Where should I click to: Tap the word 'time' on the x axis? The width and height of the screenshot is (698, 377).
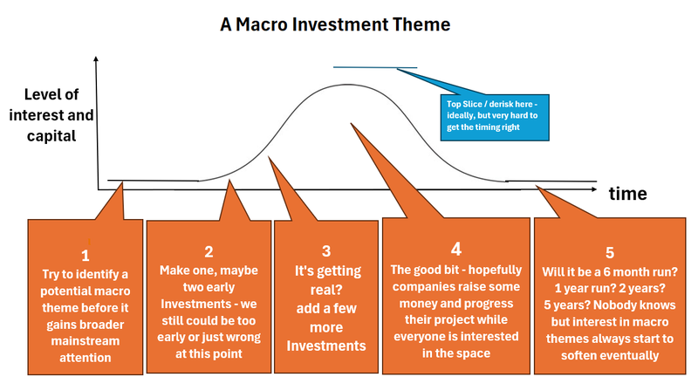[x=628, y=194]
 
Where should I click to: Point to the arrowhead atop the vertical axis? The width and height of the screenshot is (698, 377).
[x=98, y=60]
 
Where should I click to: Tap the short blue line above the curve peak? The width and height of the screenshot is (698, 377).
[x=374, y=67]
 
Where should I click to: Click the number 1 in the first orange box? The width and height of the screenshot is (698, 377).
[x=85, y=256]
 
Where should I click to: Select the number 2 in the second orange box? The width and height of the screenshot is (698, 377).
[x=209, y=252]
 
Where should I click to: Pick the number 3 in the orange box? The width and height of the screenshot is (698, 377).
[x=325, y=251]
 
